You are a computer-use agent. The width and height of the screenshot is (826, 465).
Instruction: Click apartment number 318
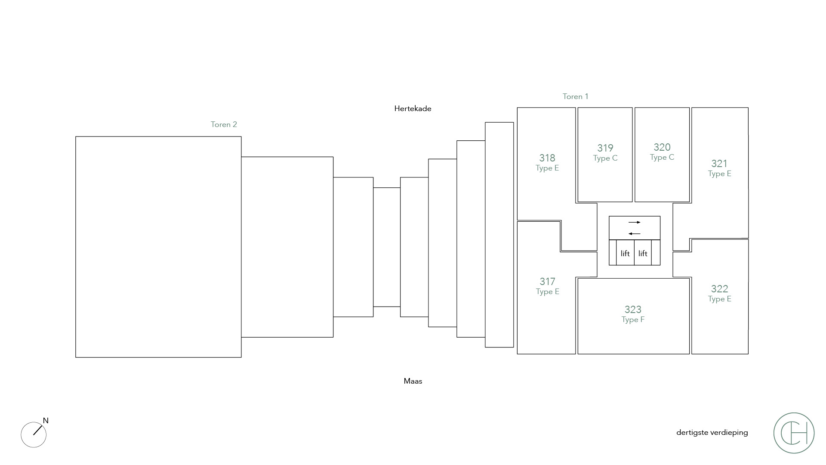tap(547, 158)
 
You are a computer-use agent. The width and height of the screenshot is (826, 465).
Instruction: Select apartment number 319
tap(605, 148)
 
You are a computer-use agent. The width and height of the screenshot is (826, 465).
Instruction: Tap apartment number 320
tap(662, 147)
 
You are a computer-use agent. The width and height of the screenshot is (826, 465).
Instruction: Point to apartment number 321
tap(719, 164)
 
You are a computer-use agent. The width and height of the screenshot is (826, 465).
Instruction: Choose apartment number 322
tap(719, 289)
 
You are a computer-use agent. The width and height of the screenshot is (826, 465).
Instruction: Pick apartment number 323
tap(633, 310)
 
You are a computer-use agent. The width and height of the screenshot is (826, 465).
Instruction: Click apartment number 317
tap(547, 282)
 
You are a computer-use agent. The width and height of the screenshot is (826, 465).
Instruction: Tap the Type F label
tap(633, 319)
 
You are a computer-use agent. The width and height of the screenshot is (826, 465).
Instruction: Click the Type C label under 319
tap(605, 158)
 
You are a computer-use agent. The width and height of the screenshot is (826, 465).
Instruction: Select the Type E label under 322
tap(719, 299)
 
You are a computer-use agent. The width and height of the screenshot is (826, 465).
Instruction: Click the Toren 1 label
tap(575, 96)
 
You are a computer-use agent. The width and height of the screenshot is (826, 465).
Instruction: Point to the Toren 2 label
tap(224, 124)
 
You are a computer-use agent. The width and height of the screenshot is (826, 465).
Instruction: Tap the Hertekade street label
tap(413, 108)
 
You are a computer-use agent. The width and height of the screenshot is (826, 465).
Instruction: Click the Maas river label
tap(413, 381)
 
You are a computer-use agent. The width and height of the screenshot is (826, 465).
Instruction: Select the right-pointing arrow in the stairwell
tap(634, 222)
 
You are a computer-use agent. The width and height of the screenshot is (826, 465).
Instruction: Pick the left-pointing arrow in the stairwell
tap(634, 234)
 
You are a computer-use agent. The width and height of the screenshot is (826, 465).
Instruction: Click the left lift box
tap(625, 253)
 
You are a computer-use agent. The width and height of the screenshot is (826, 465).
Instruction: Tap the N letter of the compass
tap(46, 421)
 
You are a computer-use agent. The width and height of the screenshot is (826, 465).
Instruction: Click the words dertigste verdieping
tap(712, 432)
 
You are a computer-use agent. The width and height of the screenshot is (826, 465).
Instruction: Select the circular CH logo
tap(794, 433)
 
